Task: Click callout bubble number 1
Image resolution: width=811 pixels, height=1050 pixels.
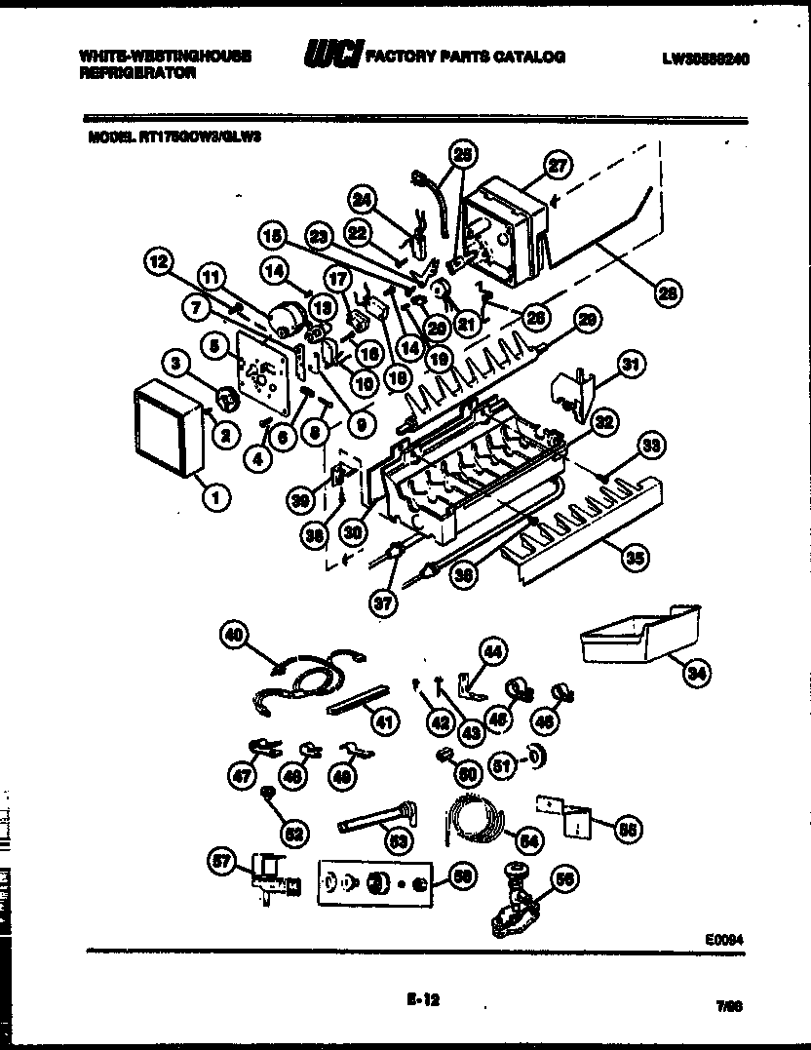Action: coord(215,498)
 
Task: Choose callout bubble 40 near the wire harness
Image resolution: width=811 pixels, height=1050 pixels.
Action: coord(234,636)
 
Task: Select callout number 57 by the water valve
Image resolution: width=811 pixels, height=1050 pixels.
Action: coord(224,861)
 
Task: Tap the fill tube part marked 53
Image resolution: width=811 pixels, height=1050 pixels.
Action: coord(375,817)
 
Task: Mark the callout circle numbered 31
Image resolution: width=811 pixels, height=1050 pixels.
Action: coord(632,366)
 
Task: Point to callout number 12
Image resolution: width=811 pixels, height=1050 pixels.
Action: coord(159,260)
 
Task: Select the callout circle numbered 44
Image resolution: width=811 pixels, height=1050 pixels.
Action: coord(493,650)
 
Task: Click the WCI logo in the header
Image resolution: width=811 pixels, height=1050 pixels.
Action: coord(331,57)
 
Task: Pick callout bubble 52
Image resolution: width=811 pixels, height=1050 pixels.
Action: coord(293,833)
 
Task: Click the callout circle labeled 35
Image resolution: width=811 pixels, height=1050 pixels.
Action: coord(635,557)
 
